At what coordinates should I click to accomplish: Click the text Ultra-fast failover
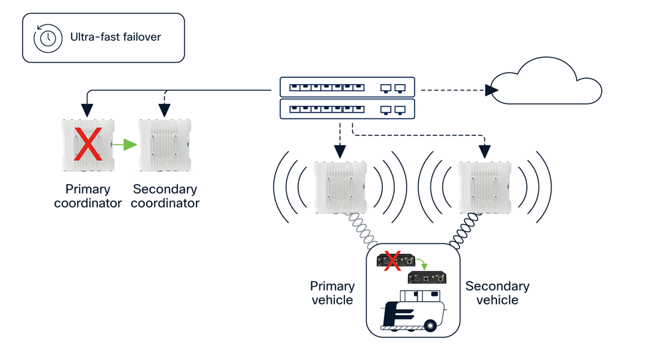[x=115, y=37]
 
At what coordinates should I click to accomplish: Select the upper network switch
[x=347, y=87]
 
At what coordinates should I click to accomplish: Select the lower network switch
[x=347, y=109]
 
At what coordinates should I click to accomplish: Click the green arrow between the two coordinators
[x=124, y=144]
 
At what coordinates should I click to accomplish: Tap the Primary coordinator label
[x=87, y=197]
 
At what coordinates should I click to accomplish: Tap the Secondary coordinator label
[x=165, y=197]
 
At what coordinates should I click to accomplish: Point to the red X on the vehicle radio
[x=392, y=260]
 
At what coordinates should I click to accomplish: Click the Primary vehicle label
[x=332, y=292]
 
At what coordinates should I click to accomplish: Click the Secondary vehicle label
[x=497, y=292]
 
